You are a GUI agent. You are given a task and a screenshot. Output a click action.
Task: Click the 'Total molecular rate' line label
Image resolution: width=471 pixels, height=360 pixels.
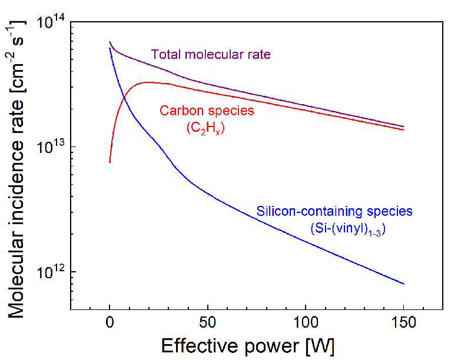(211, 55)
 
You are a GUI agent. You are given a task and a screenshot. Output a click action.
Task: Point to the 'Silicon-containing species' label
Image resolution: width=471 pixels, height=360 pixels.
(334, 211)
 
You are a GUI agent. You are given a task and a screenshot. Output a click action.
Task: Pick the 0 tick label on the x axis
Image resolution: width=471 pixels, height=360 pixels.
(110, 322)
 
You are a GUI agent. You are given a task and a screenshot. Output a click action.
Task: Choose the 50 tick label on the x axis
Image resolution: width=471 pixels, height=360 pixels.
(207, 322)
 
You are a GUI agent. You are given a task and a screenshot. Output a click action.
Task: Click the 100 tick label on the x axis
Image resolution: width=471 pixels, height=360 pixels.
(305, 322)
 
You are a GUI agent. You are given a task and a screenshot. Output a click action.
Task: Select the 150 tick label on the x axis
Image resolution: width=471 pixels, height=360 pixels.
(403, 322)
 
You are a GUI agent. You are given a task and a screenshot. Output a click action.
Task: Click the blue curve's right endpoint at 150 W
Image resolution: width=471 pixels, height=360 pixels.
(404, 284)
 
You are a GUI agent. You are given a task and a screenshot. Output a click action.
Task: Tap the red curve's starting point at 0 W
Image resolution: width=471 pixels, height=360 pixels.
(110, 162)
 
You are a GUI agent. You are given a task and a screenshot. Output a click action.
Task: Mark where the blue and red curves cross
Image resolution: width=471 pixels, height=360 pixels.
(122, 94)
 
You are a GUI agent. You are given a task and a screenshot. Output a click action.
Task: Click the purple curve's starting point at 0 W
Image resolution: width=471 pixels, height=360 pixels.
(110, 42)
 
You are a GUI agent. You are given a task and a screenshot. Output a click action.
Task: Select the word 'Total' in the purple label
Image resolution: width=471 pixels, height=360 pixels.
(165, 55)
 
